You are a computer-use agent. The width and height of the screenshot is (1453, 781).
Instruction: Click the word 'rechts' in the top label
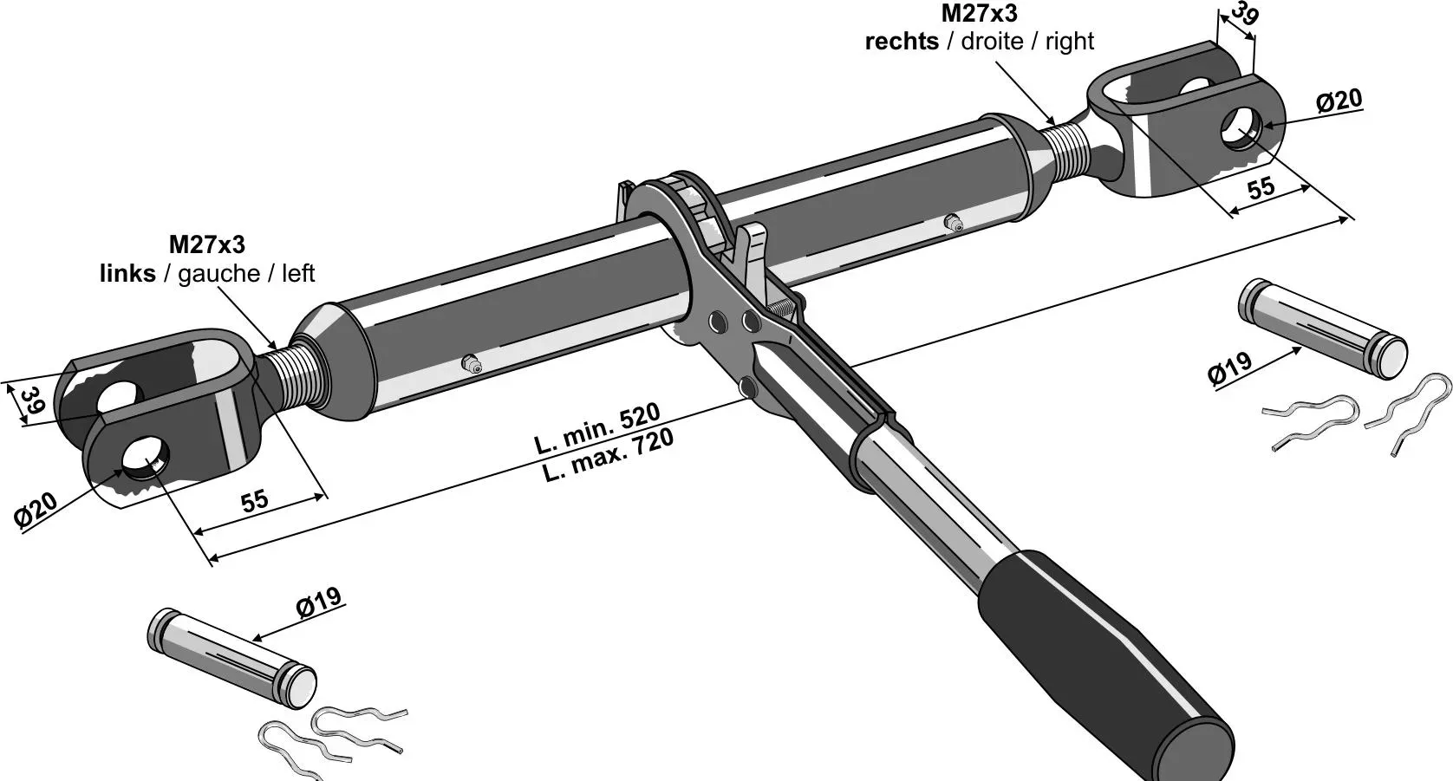(902, 42)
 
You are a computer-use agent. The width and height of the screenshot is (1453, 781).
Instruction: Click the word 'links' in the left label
(127, 274)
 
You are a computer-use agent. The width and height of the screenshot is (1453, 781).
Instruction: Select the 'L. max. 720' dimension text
(608, 457)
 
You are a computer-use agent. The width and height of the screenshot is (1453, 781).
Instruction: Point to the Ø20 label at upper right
(1339, 101)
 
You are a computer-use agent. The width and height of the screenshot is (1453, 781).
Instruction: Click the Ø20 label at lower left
(36, 511)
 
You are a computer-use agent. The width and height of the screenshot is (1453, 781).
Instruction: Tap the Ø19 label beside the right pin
(1229, 368)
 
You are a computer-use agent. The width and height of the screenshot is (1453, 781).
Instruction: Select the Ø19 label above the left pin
(318, 602)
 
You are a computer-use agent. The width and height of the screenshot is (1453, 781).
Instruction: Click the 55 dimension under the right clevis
(1261, 188)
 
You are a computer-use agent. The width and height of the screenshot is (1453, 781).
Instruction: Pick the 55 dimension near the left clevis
(254, 501)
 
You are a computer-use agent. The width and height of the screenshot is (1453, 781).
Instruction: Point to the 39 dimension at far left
(32, 401)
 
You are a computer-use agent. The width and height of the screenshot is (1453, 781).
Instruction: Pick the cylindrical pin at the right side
(1323, 329)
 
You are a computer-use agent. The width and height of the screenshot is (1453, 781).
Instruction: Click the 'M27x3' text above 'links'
(206, 244)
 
